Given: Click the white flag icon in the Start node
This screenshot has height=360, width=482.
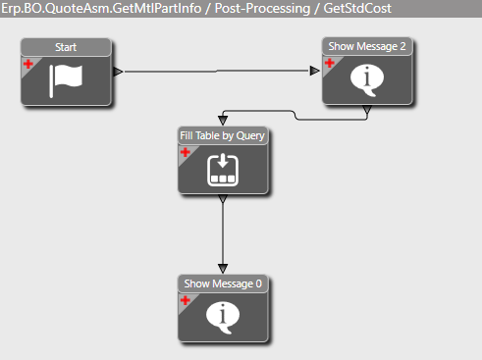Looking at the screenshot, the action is click(66, 80).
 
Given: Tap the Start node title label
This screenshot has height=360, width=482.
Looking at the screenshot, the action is click(66, 47).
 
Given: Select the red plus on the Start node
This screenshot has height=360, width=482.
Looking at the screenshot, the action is click(28, 64).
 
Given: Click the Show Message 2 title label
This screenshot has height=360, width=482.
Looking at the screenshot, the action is click(367, 46).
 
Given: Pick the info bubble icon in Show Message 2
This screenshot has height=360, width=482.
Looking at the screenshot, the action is click(367, 80).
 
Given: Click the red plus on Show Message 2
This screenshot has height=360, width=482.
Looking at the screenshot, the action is click(330, 63).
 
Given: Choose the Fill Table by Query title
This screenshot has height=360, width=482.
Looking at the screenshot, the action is click(223, 135).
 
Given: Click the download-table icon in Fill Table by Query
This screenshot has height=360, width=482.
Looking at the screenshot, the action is click(223, 170).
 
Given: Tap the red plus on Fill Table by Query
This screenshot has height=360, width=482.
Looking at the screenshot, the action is click(186, 152).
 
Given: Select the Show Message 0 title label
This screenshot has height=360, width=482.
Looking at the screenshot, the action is click(223, 283).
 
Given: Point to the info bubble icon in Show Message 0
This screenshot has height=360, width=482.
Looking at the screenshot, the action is click(223, 318).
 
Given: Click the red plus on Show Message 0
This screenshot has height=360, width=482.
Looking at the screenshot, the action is click(186, 300).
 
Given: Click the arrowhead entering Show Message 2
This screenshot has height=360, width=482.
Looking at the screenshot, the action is click(315, 71).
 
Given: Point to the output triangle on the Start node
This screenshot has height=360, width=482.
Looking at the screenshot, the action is click(118, 72).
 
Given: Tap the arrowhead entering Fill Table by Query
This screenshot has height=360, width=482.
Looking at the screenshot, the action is click(223, 121).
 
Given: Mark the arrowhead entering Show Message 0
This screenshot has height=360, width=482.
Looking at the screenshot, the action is click(223, 269).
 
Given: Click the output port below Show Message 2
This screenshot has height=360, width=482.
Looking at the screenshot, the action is click(367, 109).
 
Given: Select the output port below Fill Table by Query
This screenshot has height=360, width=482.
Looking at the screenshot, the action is click(223, 198).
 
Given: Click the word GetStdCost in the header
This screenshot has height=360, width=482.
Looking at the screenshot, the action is click(357, 8).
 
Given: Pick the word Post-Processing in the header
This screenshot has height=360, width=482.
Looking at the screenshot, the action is click(262, 8).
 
